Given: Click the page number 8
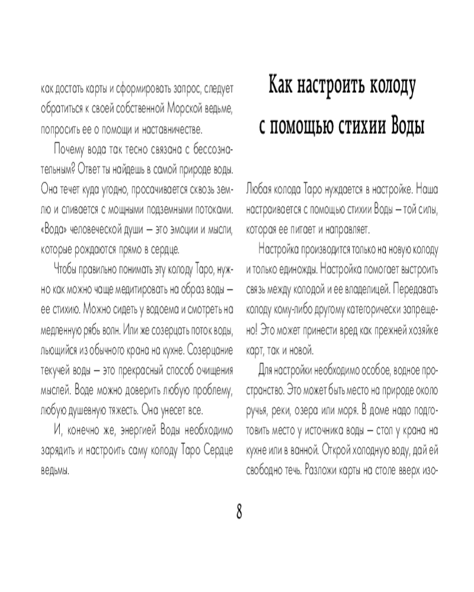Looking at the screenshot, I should tap(239, 511).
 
